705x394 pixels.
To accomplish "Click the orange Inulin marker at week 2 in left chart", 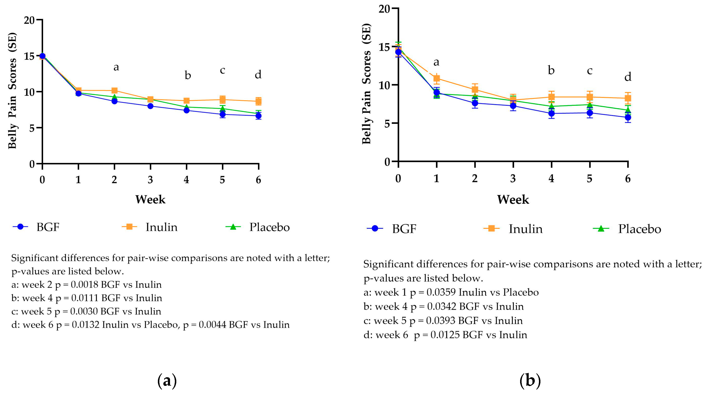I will (114, 91).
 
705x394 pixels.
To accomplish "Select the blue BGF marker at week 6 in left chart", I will (258, 116).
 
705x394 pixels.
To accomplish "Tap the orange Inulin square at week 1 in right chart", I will (437, 79).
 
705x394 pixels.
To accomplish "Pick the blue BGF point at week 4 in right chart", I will (552, 113).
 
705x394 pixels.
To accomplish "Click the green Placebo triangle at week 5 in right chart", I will (590, 104).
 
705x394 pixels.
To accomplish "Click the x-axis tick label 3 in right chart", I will (513, 178).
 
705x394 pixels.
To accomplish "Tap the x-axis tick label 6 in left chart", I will (258, 180).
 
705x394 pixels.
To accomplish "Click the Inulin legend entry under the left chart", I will (161, 227).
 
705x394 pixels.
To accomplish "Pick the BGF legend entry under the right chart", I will (404, 229).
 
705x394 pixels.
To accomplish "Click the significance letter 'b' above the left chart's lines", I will (187, 75).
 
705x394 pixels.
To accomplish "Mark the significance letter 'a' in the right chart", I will (436, 62).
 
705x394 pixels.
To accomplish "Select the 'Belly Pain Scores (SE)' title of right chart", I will (366, 84).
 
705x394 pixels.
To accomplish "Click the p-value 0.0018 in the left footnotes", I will (84, 285).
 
